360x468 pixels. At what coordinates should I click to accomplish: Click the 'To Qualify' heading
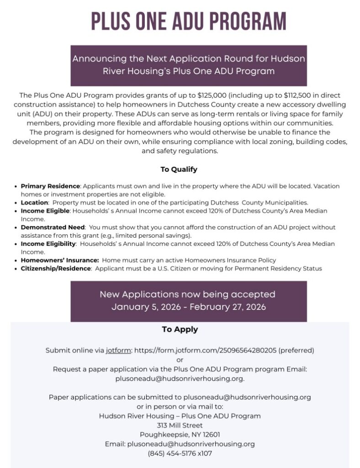pyautogui.click(x=179, y=169)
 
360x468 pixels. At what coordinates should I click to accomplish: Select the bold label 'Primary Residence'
pyautogui.click(x=50, y=186)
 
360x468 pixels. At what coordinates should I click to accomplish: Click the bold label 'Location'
pyautogui.click(x=34, y=202)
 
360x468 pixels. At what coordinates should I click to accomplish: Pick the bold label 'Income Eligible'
pyautogui.click(x=45, y=211)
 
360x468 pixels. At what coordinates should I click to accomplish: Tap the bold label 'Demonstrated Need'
pyautogui.click(x=53, y=227)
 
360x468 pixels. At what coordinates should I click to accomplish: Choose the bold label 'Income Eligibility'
pyautogui.click(x=48, y=244)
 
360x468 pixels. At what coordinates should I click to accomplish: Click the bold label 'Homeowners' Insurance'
pyautogui.click(x=59, y=260)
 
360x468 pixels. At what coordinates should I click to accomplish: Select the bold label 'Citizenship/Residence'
pyautogui.click(x=56, y=268)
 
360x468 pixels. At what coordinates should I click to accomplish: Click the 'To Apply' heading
pyautogui.click(x=180, y=329)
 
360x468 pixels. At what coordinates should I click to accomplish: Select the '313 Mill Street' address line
pyautogui.click(x=180, y=425)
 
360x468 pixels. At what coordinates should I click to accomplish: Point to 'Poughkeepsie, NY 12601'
pyautogui.click(x=180, y=435)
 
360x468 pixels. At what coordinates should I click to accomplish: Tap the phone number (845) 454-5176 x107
pyautogui.click(x=180, y=453)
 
